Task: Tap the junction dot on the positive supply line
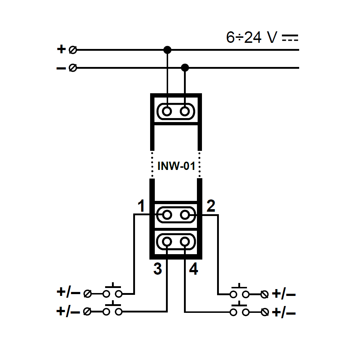[167, 50]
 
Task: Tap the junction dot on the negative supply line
[185, 67]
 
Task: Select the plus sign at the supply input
[62, 49]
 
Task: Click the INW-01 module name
[176, 167]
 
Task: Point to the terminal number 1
[141, 207]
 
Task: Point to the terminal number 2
[211, 206]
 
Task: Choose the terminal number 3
[157, 269]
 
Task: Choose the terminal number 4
[194, 269]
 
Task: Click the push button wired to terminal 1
[112, 291]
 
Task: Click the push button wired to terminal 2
[239, 292]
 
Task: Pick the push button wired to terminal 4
[239, 310]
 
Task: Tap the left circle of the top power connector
[167, 111]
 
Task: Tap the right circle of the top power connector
[185, 111]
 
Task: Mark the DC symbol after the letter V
[290, 38]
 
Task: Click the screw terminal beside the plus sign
[72, 50]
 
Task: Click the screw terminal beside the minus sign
[72, 68]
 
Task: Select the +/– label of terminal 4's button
[284, 312]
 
